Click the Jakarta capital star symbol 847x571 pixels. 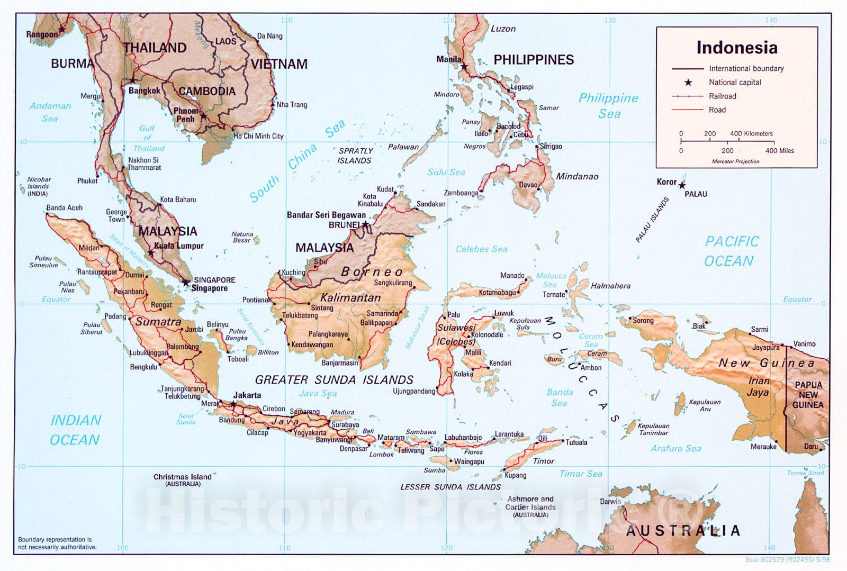coord(233,404)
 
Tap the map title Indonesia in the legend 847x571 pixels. coord(736,48)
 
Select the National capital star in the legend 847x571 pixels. coord(688,83)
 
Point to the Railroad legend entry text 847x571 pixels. coord(722,96)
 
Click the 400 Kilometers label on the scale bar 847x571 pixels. coord(751,134)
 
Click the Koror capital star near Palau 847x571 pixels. coord(682,186)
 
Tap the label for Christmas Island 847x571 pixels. coord(182,477)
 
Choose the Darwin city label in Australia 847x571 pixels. coord(610,501)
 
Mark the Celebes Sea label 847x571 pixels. coord(481,249)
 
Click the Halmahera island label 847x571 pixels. coord(610,286)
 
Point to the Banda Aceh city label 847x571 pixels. coord(64,208)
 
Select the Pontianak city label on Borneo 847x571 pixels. coord(257,300)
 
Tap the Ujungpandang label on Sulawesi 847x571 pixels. coord(413,392)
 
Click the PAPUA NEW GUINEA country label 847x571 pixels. coord(808,395)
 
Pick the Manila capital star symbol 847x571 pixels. coord(464,67)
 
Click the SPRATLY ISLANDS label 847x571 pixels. coord(355,156)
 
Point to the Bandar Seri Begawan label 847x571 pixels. coord(326,215)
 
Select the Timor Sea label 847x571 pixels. coord(581,474)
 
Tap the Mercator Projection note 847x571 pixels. coord(735,161)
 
